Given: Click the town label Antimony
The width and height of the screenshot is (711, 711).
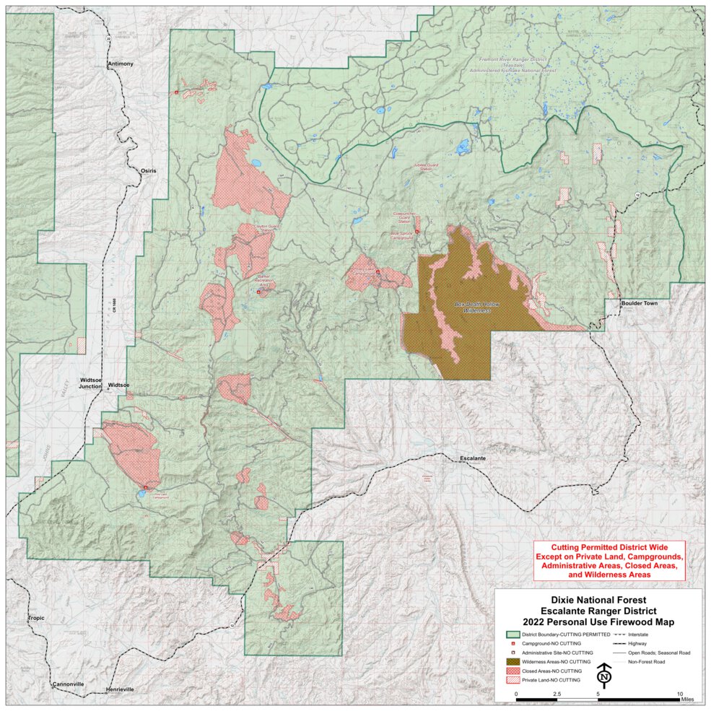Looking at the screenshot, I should point(120,64).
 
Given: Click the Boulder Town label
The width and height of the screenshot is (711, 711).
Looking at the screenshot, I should point(640,303).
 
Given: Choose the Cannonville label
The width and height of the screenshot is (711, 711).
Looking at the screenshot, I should point(69,684).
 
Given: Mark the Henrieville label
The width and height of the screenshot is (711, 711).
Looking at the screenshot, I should point(120,689).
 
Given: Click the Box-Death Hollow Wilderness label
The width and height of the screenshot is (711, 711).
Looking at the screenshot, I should point(478,307).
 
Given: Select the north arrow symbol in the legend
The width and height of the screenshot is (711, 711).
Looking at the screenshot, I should point(604,676).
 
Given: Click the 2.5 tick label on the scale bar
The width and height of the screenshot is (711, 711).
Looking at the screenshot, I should point(557,694).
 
